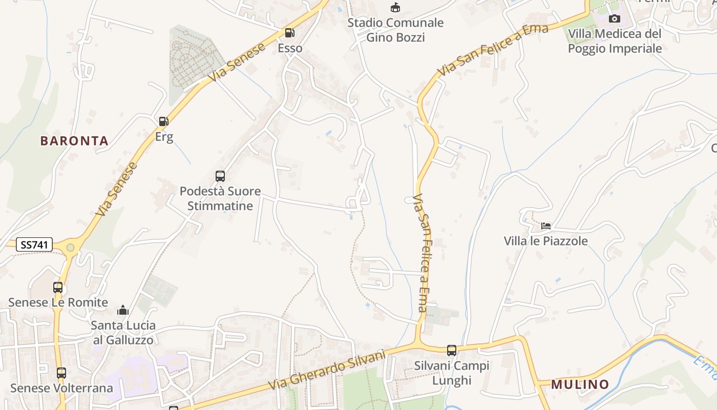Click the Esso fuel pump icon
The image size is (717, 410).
pyautogui.click(x=289, y=33)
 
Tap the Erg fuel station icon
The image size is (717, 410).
pyautogui.click(x=164, y=121)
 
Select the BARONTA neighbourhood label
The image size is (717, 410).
pyautogui.click(x=74, y=141)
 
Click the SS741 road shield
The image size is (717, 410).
pyautogui.click(x=35, y=245)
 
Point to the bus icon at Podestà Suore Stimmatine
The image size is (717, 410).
pyautogui.click(x=220, y=176)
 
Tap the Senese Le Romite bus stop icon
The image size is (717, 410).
pyautogui.click(x=58, y=288)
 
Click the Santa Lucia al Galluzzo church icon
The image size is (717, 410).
pyautogui.click(x=123, y=310)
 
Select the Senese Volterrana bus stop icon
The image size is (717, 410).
pyautogui.click(x=61, y=373)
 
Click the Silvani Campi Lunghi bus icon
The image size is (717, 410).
pyautogui.click(x=451, y=351)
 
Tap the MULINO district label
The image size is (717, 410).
pyautogui.click(x=580, y=384)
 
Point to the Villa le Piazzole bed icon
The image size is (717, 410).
pyautogui.click(x=546, y=226)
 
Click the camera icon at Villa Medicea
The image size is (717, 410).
pyautogui.click(x=614, y=19)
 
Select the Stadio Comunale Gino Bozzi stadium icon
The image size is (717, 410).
pyautogui.click(x=395, y=8)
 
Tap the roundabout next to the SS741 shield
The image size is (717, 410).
pyautogui.click(x=70, y=248)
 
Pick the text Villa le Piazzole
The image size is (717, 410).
pyautogui.click(x=546, y=241)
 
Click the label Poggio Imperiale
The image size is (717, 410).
pyautogui.click(x=615, y=49)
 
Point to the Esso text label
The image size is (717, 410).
pyautogui.click(x=290, y=48)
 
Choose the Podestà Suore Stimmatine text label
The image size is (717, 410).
pyautogui.click(x=220, y=198)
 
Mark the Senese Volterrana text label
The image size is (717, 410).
pyautogui.click(x=61, y=388)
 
